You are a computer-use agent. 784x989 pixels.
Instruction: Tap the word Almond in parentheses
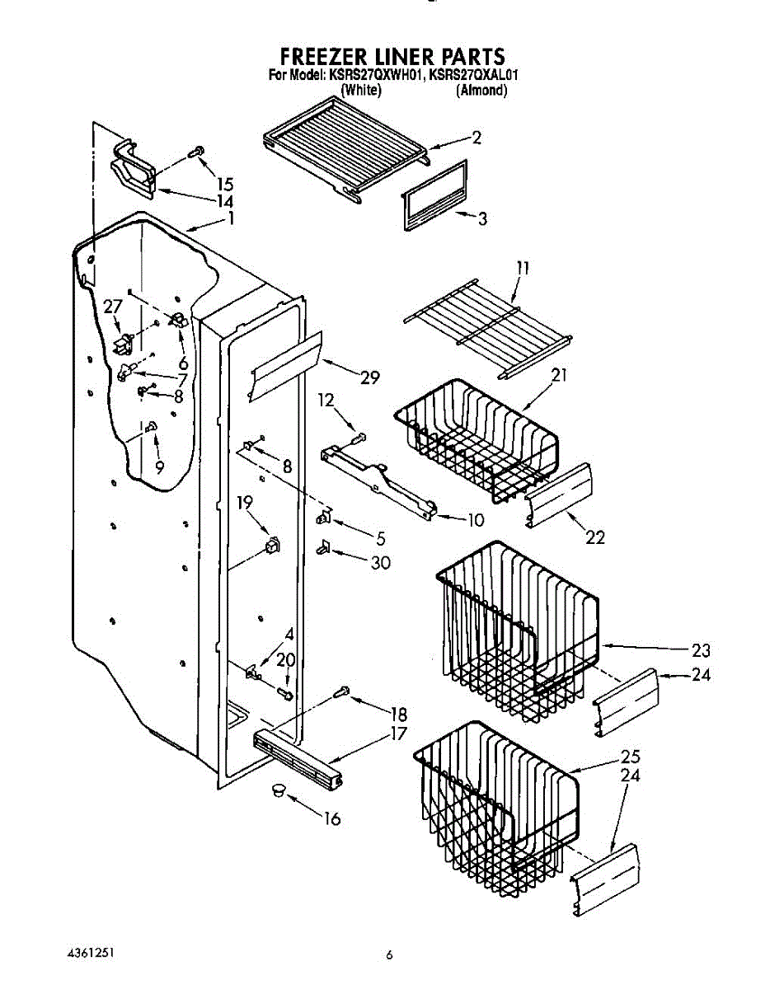click(x=481, y=90)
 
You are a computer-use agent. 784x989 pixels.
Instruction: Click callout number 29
click(x=369, y=377)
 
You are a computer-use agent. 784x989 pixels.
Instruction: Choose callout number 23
click(x=700, y=649)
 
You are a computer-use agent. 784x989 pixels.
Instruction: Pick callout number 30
click(x=380, y=563)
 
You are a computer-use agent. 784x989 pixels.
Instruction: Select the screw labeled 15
click(x=198, y=152)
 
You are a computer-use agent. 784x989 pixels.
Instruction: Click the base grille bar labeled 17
click(x=297, y=752)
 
